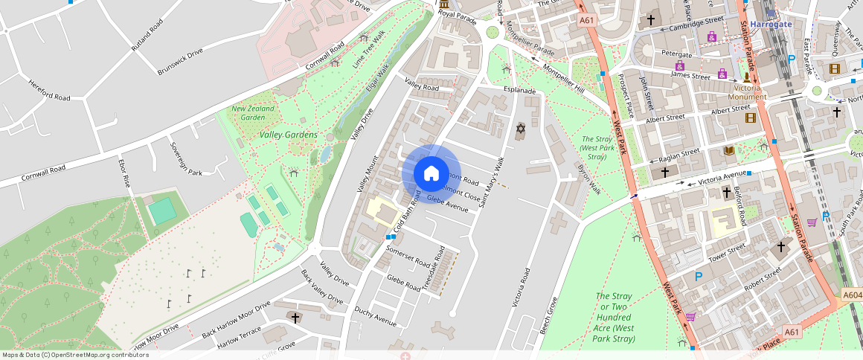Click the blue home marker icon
(431, 173)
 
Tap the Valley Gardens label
(289, 135)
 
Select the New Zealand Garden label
(253, 112)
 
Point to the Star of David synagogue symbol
(520, 129)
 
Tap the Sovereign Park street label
(186, 158)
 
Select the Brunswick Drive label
(180, 62)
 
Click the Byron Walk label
(589, 179)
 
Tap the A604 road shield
(853, 296)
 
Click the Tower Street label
(727, 252)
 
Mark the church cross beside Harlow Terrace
(295, 318)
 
